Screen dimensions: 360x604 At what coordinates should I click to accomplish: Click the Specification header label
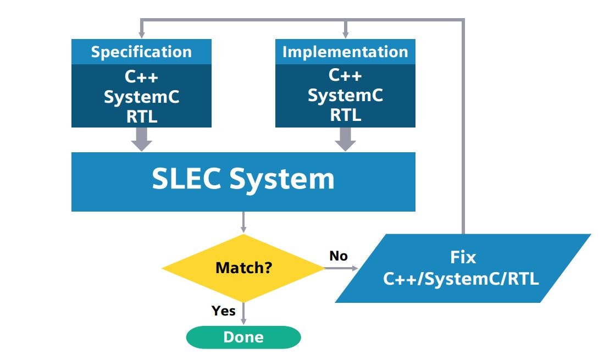(x=141, y=52)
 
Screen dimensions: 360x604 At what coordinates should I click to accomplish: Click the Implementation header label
(x=345, y=52)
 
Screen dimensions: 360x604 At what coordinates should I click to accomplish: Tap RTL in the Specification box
(x=141, y=117)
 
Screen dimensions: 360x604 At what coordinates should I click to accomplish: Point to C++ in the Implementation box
(x=345, y=75)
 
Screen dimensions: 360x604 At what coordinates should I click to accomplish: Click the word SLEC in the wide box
(x=187, y=180)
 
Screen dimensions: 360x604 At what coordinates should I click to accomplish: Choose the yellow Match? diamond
(x=243, y=268)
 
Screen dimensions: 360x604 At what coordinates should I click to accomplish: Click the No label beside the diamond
(x=339, y=256)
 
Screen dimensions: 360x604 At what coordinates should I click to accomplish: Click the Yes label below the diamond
(x=224, y=311)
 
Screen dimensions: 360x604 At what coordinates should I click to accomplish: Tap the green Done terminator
(x=243, y=337)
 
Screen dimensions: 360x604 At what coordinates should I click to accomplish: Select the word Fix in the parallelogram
(x=462, y=257)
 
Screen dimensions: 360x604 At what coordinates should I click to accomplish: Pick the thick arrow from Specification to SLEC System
(x=142, y=139)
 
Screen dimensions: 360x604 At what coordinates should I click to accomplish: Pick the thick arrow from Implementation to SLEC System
(x=345, y=139)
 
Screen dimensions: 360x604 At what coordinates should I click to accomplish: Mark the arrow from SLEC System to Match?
(x=243, y=222)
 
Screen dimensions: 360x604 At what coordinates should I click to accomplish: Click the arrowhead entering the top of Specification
(x=142, y=35)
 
